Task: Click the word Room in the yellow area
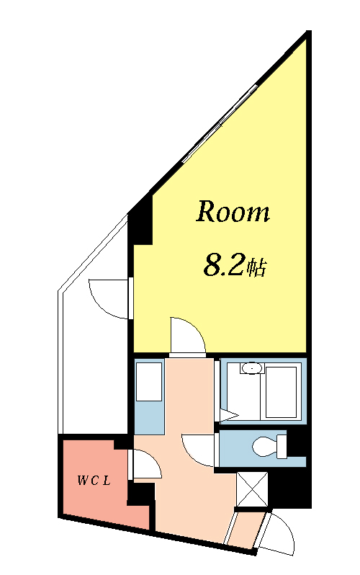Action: point(233,212)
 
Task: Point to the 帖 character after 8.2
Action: point(256,268)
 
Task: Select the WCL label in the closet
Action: point(94,481)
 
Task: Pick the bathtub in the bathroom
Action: point(282,392)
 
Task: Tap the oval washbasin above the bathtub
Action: point(252,367)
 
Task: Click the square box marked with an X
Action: point(252,489)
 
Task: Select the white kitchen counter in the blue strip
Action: point(149,382)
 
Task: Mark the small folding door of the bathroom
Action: point(228,415)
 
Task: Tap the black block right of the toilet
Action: point(297,444)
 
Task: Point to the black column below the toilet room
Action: point(289,488)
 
